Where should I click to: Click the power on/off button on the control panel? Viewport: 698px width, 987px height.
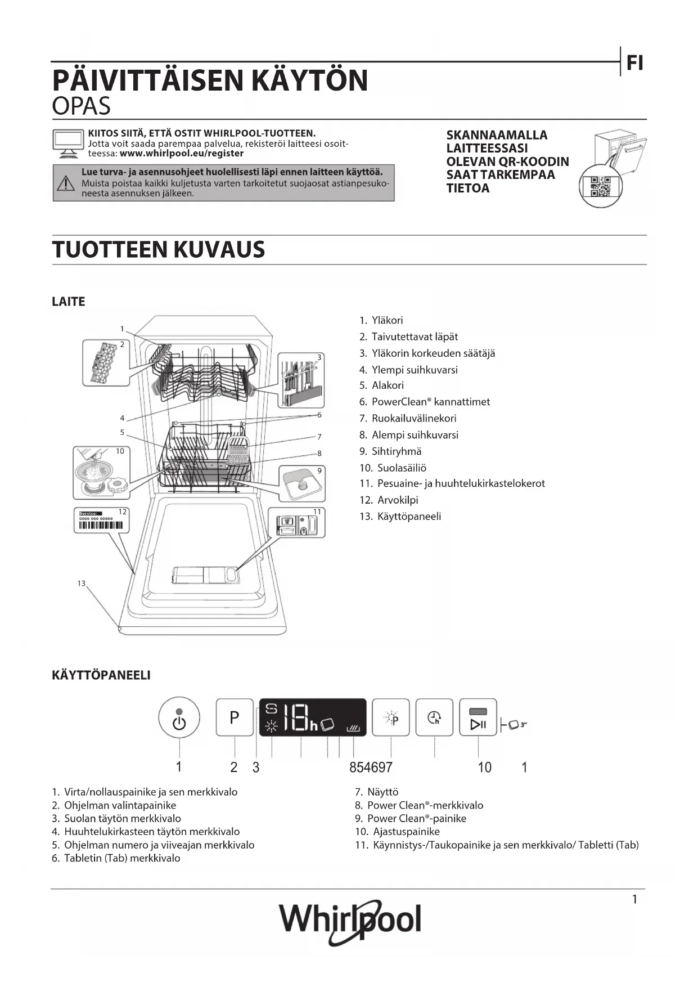click(179, 717)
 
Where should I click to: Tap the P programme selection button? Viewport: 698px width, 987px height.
click(235, 717)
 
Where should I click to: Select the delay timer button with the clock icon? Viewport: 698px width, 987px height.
click(434, 717)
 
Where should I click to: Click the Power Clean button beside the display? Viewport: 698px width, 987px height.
click(391, 717)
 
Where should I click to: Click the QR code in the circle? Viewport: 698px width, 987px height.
click(601, 186)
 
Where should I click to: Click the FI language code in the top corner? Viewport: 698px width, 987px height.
click(634, 64)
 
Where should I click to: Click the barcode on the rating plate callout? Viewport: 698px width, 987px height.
click(101, 526)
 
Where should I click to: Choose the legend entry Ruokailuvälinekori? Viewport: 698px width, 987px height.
click(414, 418)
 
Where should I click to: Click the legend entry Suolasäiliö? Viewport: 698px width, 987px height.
click(402, 468)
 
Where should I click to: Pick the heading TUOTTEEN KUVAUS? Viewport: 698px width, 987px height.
click(158, 249)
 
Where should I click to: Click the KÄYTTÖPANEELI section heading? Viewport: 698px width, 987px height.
click(101, 675)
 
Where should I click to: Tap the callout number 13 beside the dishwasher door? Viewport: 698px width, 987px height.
click(82, 584)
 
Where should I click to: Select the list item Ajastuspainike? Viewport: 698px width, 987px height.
click(406, 831)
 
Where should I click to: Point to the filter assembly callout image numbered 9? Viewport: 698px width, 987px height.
click(302, 483)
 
